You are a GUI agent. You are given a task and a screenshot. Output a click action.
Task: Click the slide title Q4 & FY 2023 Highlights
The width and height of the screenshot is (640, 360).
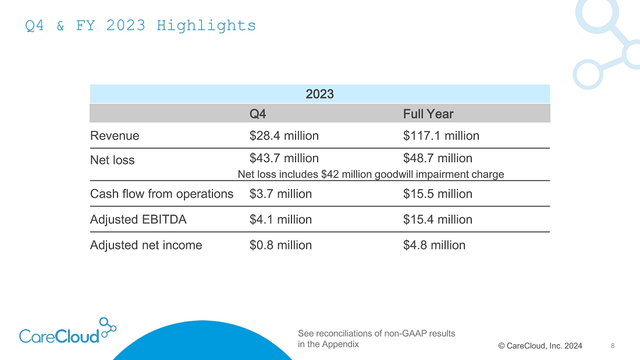(140, 26)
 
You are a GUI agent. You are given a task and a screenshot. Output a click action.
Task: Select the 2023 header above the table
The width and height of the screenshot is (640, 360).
(319, 94)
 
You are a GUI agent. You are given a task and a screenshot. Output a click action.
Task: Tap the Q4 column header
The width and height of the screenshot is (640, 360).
(258, 114)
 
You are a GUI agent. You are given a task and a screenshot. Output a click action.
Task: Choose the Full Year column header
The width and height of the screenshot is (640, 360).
(428, 114)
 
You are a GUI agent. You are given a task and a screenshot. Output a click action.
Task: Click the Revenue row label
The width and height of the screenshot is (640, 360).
(115, 136)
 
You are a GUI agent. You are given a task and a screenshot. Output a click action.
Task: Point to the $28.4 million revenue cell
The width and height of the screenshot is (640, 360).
(284, 136)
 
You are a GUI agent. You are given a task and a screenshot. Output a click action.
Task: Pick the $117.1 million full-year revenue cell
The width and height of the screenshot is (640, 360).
(441, 136)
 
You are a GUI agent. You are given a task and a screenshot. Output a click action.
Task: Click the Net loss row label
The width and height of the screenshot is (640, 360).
(112, 161)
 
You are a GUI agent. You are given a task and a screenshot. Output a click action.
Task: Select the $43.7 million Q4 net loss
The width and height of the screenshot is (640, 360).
(284, 158)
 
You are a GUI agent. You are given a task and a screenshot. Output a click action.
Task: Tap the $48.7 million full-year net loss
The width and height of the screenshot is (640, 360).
(438, 158)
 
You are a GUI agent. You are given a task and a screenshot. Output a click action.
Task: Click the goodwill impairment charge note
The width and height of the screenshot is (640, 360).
(371, 174)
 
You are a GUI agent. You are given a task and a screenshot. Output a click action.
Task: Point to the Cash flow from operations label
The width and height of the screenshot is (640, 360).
(162, 194)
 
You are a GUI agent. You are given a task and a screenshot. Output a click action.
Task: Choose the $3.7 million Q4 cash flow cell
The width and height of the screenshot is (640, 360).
(280, 194)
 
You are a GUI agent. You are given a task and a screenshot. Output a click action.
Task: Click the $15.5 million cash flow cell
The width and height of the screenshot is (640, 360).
(438, 194)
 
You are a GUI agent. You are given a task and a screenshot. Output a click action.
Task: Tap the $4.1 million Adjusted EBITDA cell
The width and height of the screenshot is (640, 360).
(280, 220)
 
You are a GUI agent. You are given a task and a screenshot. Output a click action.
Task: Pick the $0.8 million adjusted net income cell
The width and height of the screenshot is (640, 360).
(280, 245)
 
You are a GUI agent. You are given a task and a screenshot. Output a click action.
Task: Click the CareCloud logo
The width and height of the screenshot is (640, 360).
(67, 332)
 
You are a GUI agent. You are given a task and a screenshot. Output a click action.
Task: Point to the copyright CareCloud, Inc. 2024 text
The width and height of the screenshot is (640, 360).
(540, 346)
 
